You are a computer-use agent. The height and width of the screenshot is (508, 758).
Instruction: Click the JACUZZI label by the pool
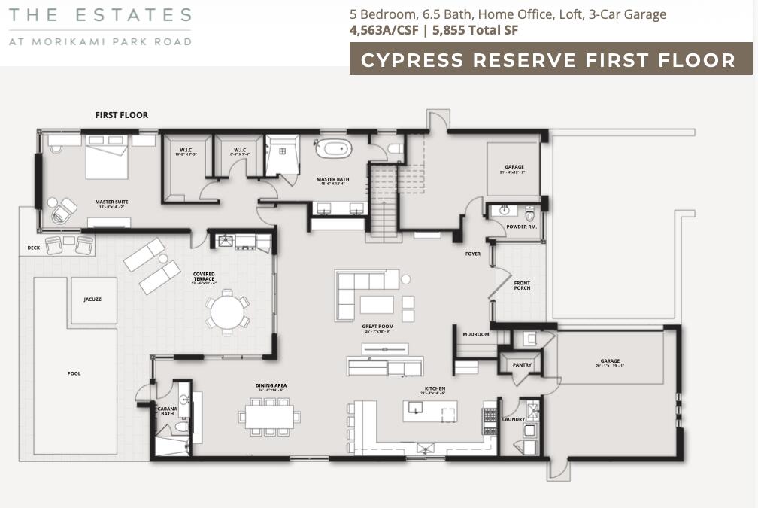pos(92,299)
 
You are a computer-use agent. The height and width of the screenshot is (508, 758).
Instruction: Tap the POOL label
pos(74,373)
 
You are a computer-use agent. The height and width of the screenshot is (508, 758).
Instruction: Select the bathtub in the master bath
pos(333,148)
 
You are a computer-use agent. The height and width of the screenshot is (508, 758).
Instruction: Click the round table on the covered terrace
pos(227,311)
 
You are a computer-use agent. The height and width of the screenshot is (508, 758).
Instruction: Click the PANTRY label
pos(522,365)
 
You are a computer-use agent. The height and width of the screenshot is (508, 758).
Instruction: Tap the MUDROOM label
pos(475,334)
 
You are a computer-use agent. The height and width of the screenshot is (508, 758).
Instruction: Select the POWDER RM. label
pos(521,227)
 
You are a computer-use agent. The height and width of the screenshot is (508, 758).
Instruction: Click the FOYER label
pos(472,254)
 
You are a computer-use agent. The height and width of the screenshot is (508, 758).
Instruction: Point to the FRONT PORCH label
pos(522,285)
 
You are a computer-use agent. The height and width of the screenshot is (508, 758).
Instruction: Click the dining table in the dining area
pos(271,416)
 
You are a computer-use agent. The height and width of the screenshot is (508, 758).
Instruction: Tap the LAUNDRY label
pos(513,419)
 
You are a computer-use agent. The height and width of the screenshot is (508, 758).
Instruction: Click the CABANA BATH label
pos(167,412)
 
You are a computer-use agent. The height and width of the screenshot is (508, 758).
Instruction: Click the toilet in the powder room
pos(529,214)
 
